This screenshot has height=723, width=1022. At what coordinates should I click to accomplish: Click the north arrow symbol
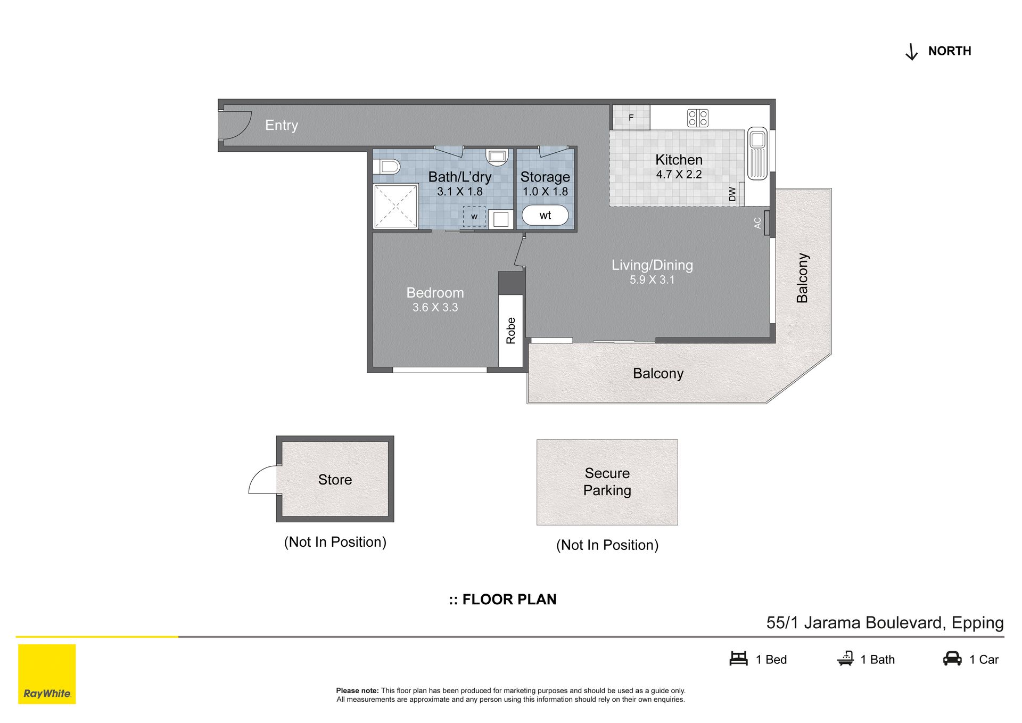tap(911, 52)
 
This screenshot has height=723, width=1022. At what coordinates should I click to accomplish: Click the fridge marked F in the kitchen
tap(631, 118)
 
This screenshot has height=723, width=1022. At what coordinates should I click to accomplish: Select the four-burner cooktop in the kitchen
tap(697, 118)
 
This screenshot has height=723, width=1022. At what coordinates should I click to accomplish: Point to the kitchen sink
tap(757, 153)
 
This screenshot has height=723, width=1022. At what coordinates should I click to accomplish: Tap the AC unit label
tap(757, 223)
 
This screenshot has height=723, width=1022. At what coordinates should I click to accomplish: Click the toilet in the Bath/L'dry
tap(386, 167)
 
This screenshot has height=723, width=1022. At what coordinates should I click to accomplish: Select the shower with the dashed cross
tap(395, 206)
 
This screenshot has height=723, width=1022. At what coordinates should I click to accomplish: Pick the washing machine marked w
tap(474, 217)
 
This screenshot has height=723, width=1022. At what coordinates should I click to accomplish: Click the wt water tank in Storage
tap(545, 216)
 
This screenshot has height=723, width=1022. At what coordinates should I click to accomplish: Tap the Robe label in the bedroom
tap(511, 331)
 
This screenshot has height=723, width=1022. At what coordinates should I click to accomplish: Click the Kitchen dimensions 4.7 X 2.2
tap(679, 175)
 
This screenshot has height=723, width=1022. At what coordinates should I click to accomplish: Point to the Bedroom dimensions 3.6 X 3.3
tap(435, 307)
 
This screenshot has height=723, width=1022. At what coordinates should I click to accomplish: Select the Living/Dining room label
tap(652, 265)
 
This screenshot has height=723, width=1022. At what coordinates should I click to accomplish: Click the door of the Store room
tap(263, 480)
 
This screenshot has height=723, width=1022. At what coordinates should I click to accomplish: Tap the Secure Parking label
tap(607, 482)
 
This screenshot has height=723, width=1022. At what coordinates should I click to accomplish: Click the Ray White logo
tap(47, 674)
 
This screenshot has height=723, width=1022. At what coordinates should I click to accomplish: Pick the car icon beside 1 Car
tap(952, 659)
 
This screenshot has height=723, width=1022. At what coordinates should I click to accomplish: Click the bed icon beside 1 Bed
tap(739, 659)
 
